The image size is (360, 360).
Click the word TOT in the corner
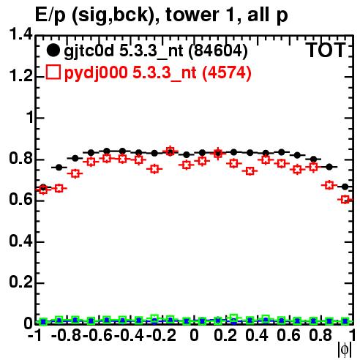pos(326,50)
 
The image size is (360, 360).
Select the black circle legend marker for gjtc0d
pos(53,50)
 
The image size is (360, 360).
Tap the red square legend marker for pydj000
pos(53,72)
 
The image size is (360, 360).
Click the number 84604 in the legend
pos(218,51)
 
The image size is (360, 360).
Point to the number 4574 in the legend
pos(227,72)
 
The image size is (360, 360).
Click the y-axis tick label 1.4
pos(20,34)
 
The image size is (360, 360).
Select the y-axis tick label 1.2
pos(20,76)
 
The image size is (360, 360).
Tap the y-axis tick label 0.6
pos(20,199)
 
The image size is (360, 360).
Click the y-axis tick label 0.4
pos(20,241)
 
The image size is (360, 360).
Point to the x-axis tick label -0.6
pos(98,335)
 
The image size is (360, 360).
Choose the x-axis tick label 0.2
pos(225,335)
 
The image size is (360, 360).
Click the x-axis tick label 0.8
pos(320,335)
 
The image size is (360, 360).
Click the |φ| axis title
pos(344,350)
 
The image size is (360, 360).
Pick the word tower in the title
pos(189,15)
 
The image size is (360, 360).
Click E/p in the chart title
pos(50,15)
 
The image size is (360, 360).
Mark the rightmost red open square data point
pos(345,200)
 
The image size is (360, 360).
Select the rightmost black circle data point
pos(345,187)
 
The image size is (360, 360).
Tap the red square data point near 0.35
pos(250,171)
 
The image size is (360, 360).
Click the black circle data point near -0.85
pos(59,168)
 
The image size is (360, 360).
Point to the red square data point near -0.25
pos(154,168)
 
